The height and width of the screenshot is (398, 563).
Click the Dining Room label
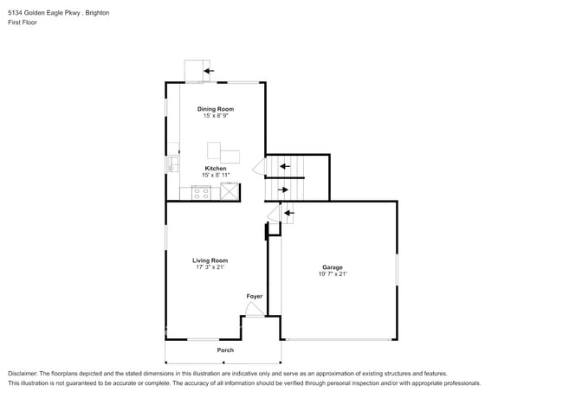216,109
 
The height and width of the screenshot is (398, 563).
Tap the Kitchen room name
216,168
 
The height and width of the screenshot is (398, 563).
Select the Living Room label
210,260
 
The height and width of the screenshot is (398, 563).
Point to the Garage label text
333,267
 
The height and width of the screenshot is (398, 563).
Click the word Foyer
254,297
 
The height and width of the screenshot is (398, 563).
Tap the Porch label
225,350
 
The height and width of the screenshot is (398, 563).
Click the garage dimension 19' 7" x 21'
333,274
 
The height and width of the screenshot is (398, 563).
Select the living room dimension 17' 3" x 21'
210,267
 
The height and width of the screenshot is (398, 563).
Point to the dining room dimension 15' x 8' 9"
216,116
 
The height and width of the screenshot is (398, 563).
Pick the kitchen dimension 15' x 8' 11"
216,175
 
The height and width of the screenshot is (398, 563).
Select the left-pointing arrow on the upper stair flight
284,165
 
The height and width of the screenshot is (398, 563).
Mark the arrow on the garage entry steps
288,212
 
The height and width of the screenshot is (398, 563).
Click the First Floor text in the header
23,22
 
